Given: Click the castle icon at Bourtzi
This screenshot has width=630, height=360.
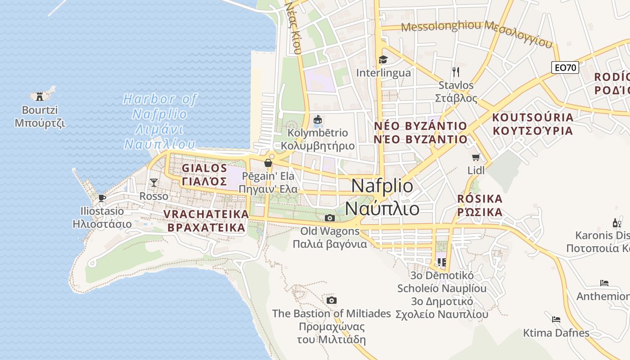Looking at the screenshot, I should coord(40,96).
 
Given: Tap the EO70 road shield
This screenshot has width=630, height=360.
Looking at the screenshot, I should coord(565,67).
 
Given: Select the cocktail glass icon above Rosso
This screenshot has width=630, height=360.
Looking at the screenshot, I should coord(154,182).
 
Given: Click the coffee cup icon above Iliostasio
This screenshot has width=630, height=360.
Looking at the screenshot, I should coord(102,198).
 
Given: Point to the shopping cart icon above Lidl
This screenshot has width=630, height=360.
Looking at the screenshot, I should coord(476,157).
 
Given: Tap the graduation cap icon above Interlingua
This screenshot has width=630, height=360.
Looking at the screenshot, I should coord(383,59).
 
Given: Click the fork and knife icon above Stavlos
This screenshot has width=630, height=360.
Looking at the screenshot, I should coord(456,72).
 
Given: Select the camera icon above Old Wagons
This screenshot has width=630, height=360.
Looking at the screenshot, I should coord(330,218).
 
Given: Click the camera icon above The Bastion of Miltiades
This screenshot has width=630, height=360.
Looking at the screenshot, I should coord(332,300).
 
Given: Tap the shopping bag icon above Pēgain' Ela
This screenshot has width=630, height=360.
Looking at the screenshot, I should coord(268,163).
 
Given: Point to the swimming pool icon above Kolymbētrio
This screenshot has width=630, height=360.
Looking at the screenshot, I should coord(318,119).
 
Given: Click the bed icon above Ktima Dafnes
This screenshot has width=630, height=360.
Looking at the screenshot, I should coord(556,319).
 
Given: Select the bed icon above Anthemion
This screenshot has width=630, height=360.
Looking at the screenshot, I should coord(604,283).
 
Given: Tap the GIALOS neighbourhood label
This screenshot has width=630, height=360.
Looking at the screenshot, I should coord(205,175).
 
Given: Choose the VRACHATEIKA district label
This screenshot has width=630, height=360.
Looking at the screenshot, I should coord(206,220).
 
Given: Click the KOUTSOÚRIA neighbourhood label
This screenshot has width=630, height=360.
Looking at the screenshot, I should coord(533,124).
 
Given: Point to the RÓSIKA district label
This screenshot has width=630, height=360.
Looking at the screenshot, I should coord(480,205).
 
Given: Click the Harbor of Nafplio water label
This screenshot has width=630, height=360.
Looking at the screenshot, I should coord(160,121).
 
